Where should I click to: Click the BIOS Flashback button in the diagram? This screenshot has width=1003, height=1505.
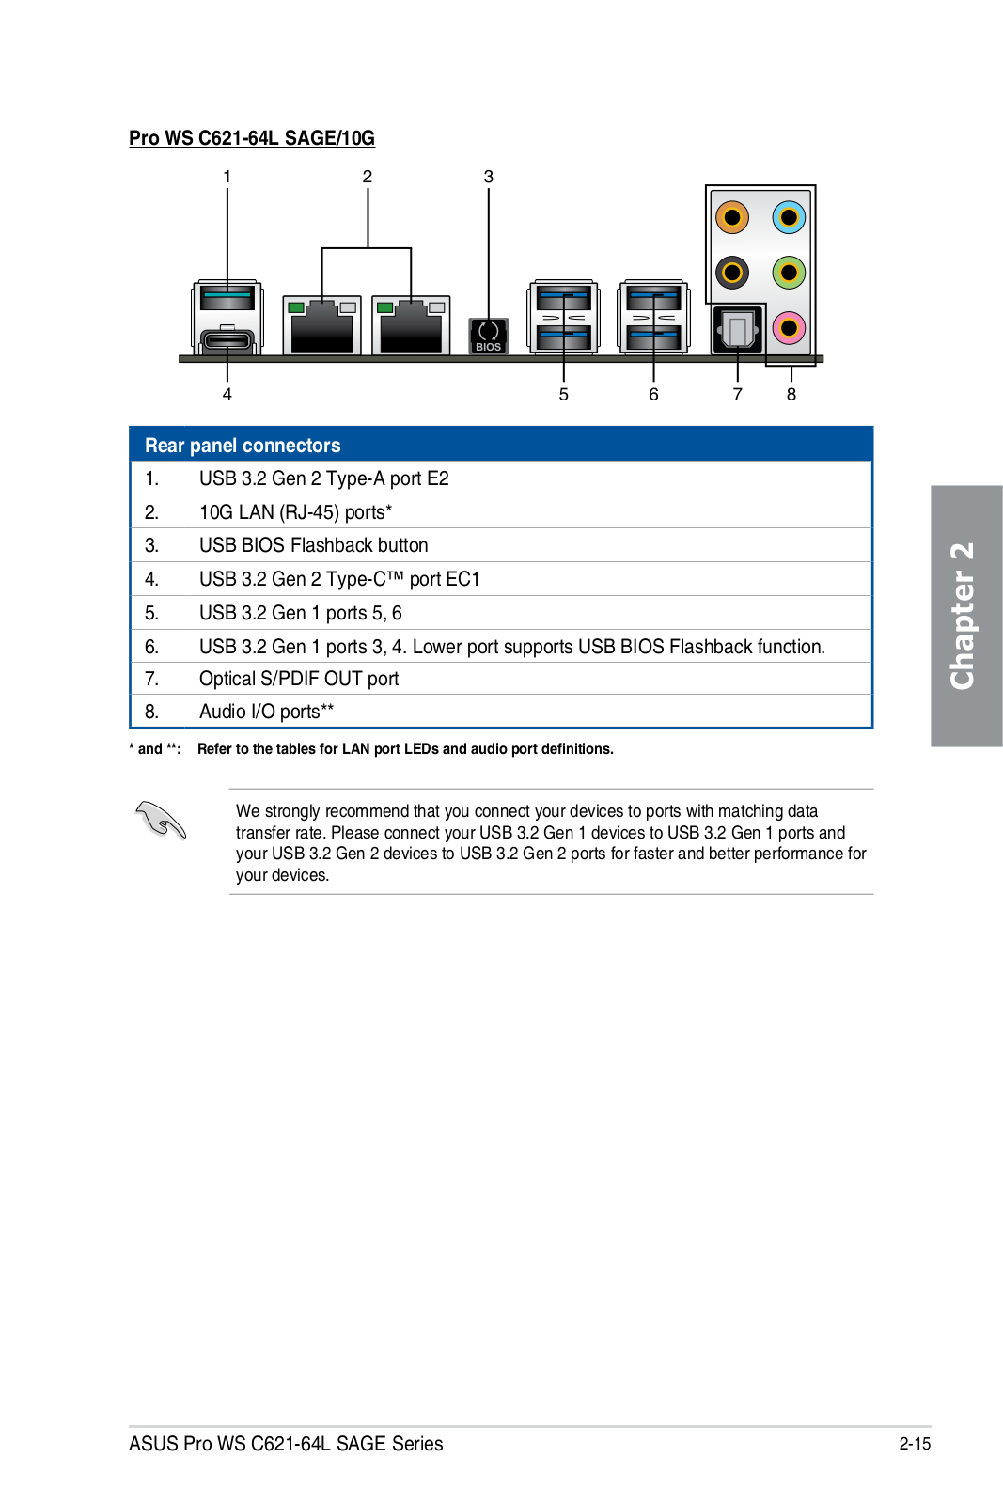[488, 335]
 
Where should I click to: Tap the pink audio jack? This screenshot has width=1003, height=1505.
[789, 328]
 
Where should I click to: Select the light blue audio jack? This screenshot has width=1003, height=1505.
[789, 218]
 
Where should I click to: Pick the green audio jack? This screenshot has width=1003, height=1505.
[789, 274]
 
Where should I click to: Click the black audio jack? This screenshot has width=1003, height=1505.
[731, 274]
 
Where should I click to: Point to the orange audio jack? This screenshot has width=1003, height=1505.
[731, 218]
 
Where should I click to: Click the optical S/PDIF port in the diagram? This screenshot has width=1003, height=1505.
[737, 330]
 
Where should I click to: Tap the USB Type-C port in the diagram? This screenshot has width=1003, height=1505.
[227, 339]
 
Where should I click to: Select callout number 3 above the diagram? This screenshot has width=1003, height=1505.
[488, 177]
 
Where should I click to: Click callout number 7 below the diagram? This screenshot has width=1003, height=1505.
[737, 395]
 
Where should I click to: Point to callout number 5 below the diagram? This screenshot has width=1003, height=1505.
[563, 395]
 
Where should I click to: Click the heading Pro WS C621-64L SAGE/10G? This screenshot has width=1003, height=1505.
[252, 138]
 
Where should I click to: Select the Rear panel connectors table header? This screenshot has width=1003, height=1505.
[243, 446]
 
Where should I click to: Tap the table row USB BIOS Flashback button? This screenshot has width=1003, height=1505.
[313, 545]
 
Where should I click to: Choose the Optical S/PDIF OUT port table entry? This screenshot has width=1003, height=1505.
[299, 679]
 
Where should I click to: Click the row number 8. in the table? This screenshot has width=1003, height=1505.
[151, 712]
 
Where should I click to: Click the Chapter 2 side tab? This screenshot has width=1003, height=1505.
[965, 616]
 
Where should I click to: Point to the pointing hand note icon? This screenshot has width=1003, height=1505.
[161, 820]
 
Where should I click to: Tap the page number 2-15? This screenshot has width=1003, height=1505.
[914, 1444]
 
